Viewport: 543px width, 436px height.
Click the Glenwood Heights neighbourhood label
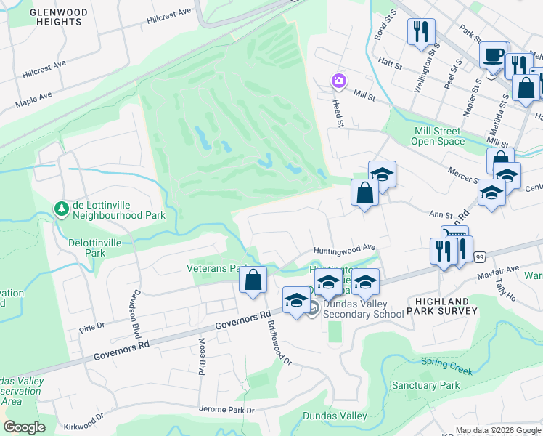point(57,17)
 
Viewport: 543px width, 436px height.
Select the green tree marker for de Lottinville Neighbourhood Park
point(63,209)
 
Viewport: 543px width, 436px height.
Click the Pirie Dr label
point(92,328)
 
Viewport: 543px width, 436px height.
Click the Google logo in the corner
point(24,427)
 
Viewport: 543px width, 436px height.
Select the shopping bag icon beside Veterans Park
point(253,280)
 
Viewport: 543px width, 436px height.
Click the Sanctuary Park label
point(425,385)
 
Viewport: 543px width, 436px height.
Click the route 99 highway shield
point(480,257)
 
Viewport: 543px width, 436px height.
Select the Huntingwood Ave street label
point(344,249)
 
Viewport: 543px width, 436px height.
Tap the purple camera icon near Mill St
point(338,81)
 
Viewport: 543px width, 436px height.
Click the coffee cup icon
point(493,55)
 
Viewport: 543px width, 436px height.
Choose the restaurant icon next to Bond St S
point(420,32)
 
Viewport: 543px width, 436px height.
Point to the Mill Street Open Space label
point(438,136)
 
